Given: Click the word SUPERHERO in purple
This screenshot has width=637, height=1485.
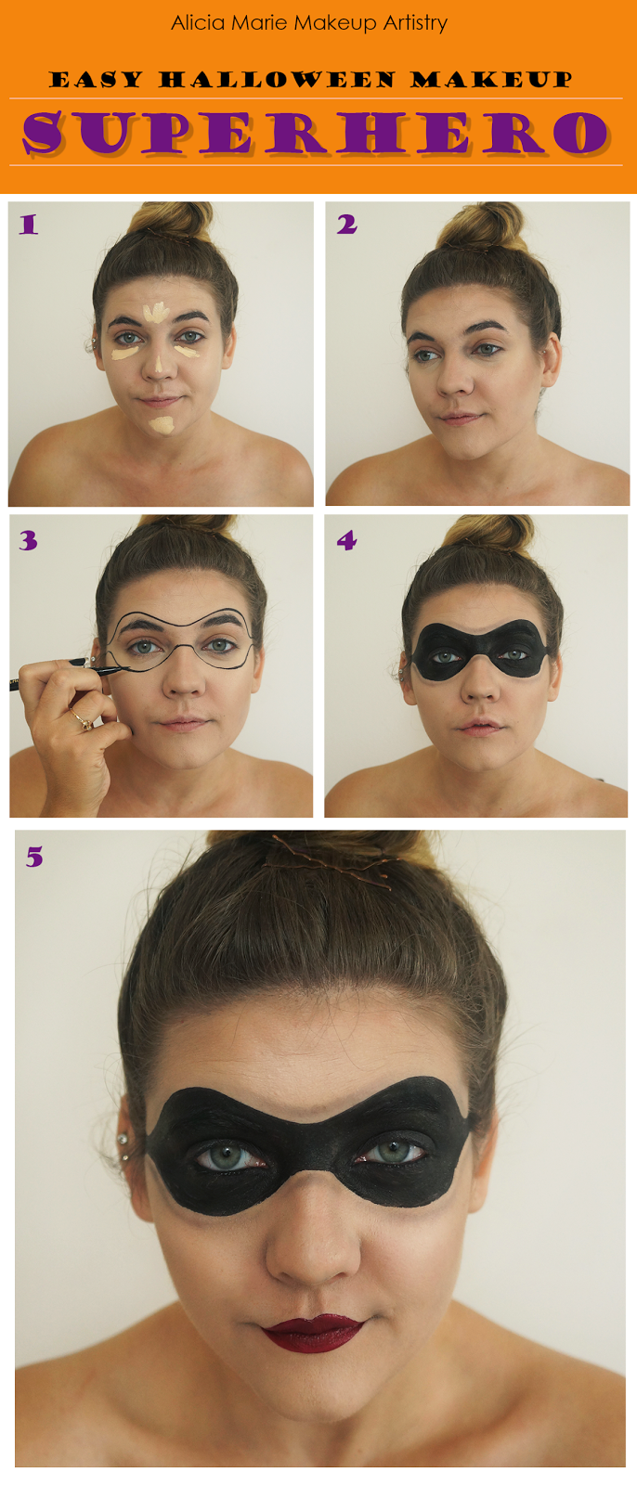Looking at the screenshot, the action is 316,133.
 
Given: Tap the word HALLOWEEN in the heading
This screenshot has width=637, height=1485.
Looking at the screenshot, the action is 278,80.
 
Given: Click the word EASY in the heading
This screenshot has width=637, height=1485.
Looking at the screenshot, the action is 97,80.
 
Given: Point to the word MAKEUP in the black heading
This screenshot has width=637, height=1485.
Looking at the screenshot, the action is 491,80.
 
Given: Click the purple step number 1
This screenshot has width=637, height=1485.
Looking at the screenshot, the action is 28,225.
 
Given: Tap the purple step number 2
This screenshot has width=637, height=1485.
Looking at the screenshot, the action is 346,225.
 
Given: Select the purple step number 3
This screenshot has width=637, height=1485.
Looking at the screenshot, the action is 28,541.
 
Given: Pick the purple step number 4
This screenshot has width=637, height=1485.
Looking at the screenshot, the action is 346,541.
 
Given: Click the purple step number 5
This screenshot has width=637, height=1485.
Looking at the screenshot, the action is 34,858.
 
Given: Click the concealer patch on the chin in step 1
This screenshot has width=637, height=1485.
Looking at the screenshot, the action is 162,425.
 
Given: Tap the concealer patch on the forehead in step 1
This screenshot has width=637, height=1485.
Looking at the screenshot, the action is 156,312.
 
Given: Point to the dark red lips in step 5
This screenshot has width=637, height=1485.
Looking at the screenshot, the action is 313,1333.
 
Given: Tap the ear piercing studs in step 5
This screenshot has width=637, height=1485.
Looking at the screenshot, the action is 123,1147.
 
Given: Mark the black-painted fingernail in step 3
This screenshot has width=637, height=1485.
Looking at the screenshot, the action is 78,661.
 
